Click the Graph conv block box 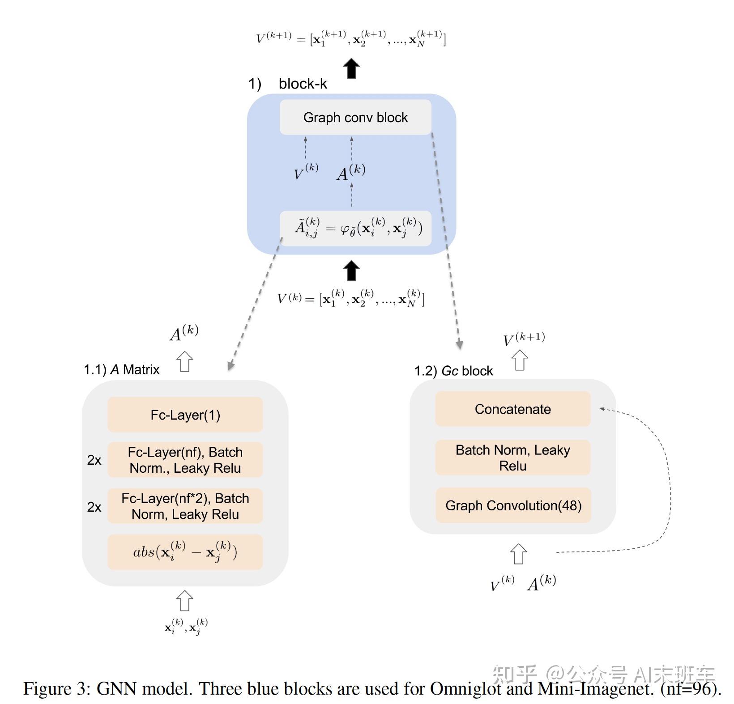tap(355, 117)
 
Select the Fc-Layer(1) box tap(185, 415)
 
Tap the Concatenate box tap(512, 409)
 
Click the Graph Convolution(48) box tap(513, 505)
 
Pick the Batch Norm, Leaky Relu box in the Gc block tap(512, 458)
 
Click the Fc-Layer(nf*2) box tap(185, 506)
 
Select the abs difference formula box tap(185, 552)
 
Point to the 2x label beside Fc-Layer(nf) tap(94, 460)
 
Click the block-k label tap(303, 84)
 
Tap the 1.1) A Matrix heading tap(122, 369)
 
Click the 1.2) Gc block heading tap(453, 371)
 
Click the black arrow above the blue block tap(351, 68)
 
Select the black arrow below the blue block tap(351, 270)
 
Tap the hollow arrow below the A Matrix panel tap(184, 600)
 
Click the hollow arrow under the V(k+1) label tap(520, 360)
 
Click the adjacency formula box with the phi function tap(355, 229)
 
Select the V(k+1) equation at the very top tap(351, 38)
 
